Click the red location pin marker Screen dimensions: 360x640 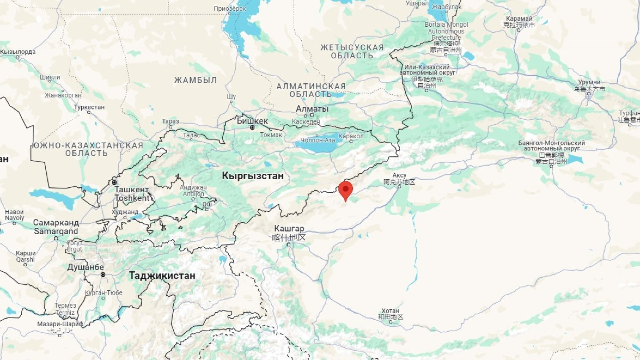point(346,190)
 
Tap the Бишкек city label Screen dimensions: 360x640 point(252,121)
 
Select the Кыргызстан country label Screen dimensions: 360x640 point(253,176)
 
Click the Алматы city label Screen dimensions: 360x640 point(312,109)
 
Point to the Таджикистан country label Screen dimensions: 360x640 point(162,276)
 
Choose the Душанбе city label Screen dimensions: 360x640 point(85,267)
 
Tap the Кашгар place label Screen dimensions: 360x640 point(289,229)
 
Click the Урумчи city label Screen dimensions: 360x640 point(589,82)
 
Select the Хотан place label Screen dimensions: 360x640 point(390,311)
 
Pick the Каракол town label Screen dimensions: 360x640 point(351,136)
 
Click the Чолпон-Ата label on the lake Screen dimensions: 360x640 point(318,140)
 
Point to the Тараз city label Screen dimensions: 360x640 point(170,121)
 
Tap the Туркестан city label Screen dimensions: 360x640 point(89,107)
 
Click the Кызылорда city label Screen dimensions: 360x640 point(18,52)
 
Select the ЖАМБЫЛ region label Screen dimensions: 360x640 point(195,80)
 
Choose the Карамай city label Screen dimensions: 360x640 point(519,19)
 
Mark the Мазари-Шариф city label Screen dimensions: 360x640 point(60,324)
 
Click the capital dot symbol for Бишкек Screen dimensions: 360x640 point(252,128)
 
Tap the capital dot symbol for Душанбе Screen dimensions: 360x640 point(103,275)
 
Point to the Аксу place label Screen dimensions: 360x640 point(399,175)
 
